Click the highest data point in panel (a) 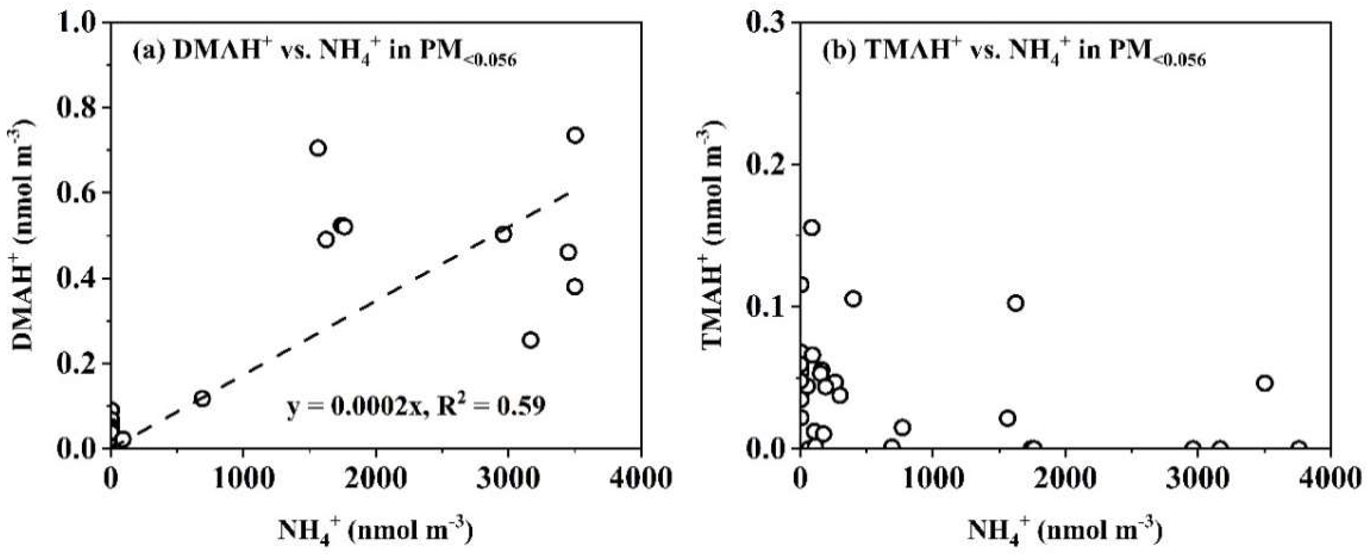[575, 136]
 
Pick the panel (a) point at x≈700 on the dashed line [202, 398]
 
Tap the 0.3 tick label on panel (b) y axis [767, 22]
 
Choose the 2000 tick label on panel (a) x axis [376, 479]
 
